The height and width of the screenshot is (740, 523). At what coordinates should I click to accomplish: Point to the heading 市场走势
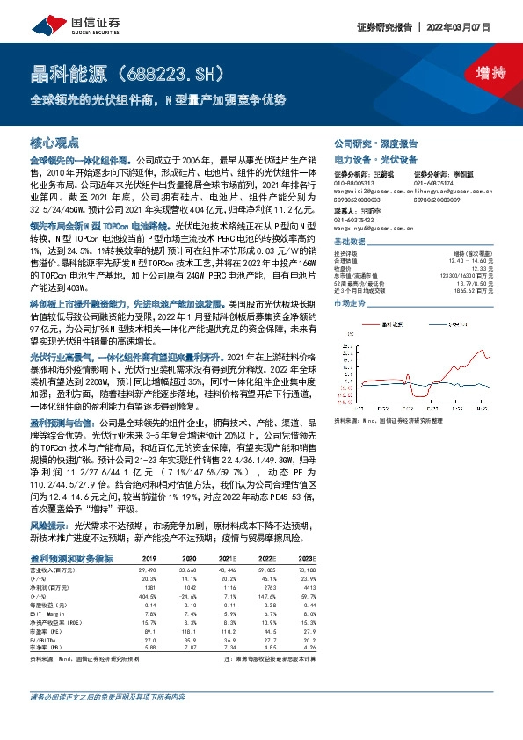[x=349, y=302]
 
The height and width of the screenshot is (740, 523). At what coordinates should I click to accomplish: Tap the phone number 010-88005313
[x=354, y=181]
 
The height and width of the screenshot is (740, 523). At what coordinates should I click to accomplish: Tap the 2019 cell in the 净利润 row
[x=149, y=585]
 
